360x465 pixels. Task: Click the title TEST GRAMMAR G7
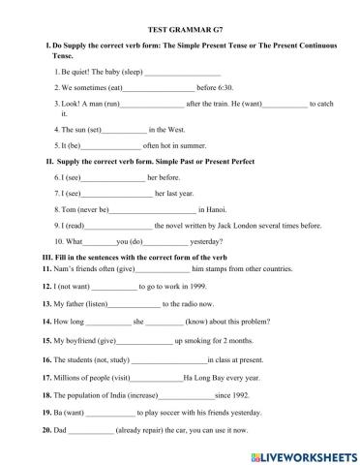coord(179,31)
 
